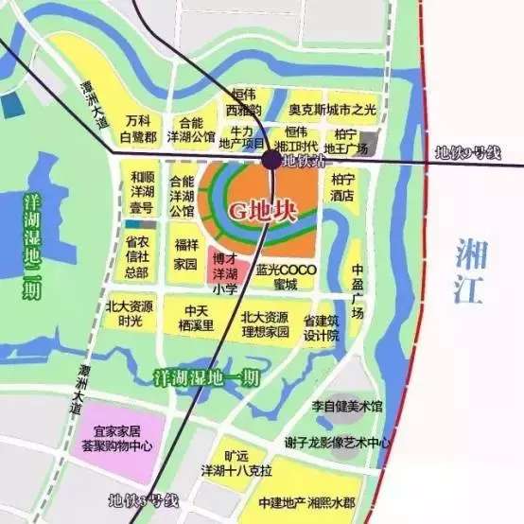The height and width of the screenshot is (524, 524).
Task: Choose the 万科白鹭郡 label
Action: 138,130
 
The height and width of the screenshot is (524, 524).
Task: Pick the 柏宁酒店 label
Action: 342,185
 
